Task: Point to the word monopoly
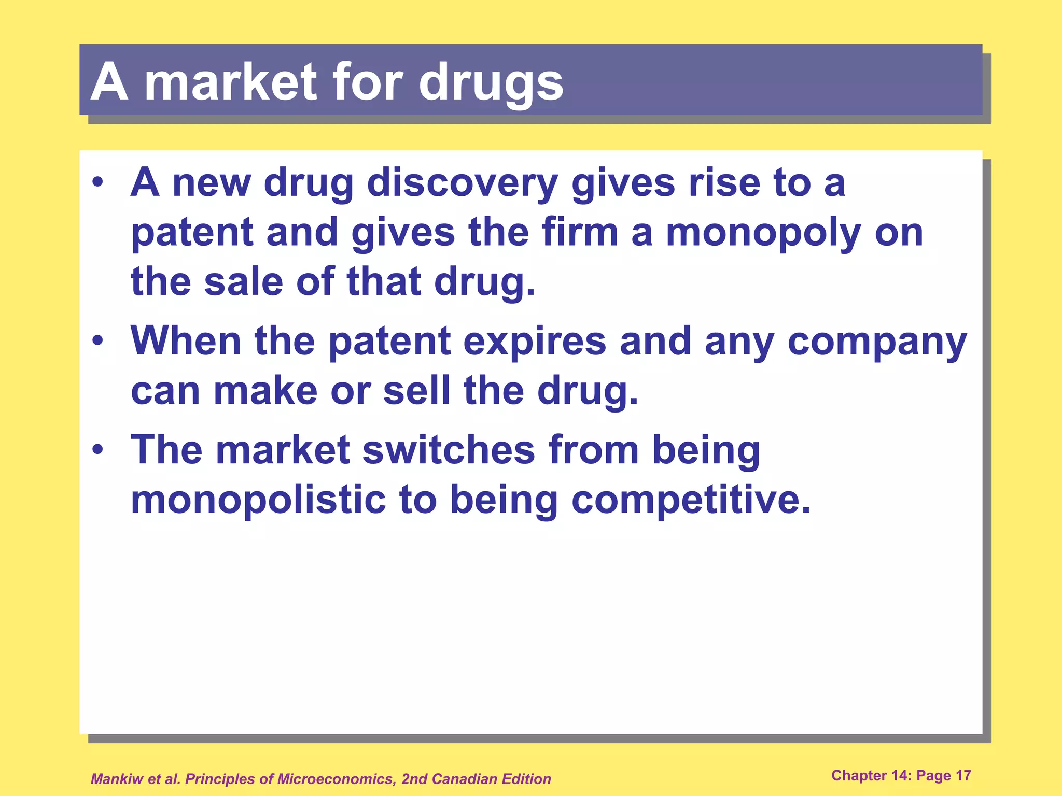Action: click(763, 233)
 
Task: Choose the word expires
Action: click(535, 342)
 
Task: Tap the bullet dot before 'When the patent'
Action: click(97, 341)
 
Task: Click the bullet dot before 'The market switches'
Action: click(97, 450)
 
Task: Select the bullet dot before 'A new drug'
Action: click(97, 183)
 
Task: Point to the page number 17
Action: click(963, 775)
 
